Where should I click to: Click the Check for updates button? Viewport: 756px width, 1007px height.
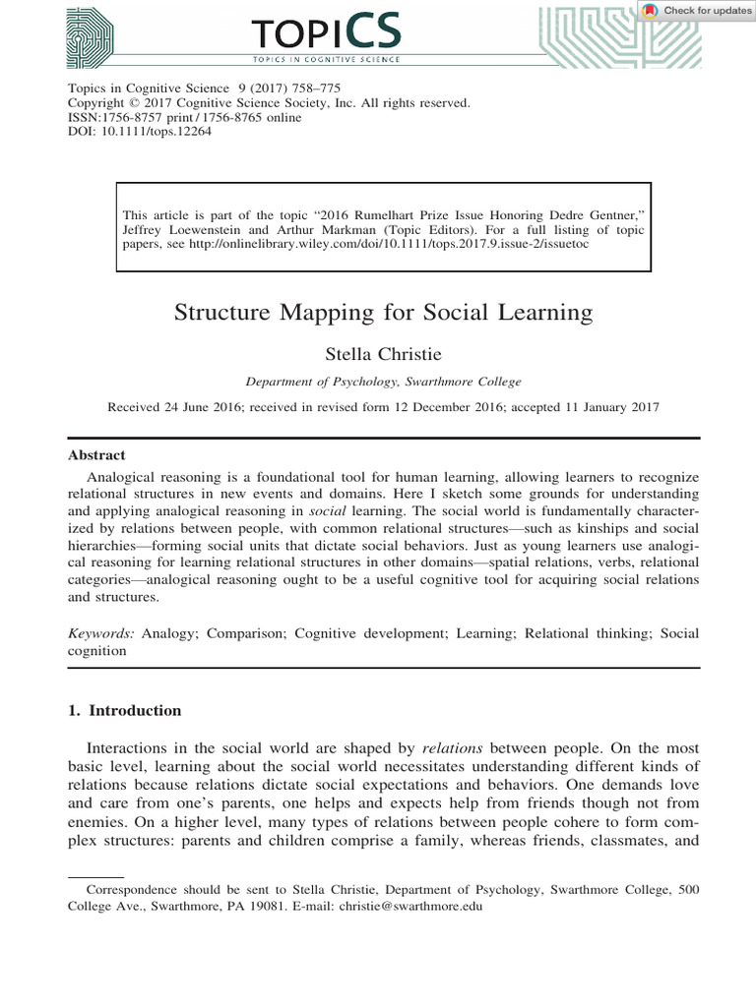696,11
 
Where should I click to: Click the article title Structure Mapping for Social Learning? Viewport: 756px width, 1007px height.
384,314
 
